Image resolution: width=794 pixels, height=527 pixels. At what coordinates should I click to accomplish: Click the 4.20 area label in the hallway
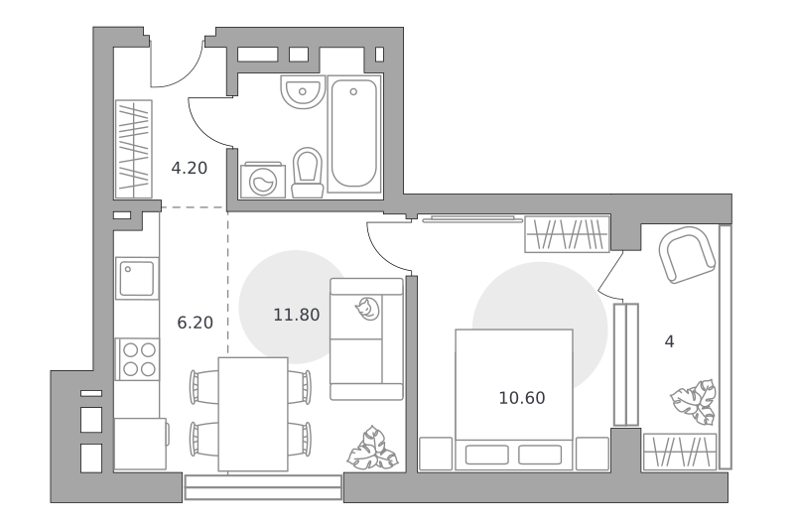coord(189,168)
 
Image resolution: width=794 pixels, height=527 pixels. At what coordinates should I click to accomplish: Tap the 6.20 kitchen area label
coord(195,323)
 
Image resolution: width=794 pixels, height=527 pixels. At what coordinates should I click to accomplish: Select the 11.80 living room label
coord(297,315)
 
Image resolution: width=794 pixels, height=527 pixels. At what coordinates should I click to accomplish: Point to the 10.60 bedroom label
coord(522,398)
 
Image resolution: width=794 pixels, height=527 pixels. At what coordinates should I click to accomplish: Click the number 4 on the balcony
coord(669,341)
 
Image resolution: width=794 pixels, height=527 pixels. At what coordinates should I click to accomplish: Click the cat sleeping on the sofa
coord(366,309)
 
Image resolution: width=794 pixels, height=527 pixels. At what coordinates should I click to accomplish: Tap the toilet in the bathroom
coord(308,173)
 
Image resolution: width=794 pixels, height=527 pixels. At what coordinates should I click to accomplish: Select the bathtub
coord(353,134)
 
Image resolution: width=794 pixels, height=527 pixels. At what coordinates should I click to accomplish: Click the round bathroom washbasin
coord(303,92)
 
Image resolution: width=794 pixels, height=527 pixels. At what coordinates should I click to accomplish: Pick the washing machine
coord(263,181)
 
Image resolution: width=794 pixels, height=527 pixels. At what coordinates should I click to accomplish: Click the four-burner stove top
coord(138,359)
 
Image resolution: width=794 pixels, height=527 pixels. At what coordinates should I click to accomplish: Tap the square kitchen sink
coord(137,279)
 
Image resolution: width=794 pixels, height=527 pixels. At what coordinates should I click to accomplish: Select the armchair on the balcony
coord(687,255)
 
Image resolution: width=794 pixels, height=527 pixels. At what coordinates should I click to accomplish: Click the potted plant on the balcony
coord(694,402)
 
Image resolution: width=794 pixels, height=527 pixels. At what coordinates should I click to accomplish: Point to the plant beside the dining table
coord(372,448)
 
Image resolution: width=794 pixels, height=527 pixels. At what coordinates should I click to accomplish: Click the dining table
coord(253,414)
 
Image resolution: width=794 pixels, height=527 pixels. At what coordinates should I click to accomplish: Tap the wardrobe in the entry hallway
coord(134,149)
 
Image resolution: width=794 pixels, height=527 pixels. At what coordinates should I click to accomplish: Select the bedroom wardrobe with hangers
coord(567,234)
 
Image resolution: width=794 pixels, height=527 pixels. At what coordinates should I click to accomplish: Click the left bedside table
coord(436,454)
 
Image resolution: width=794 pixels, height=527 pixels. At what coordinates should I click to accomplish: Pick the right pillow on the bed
coord(540,455)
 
